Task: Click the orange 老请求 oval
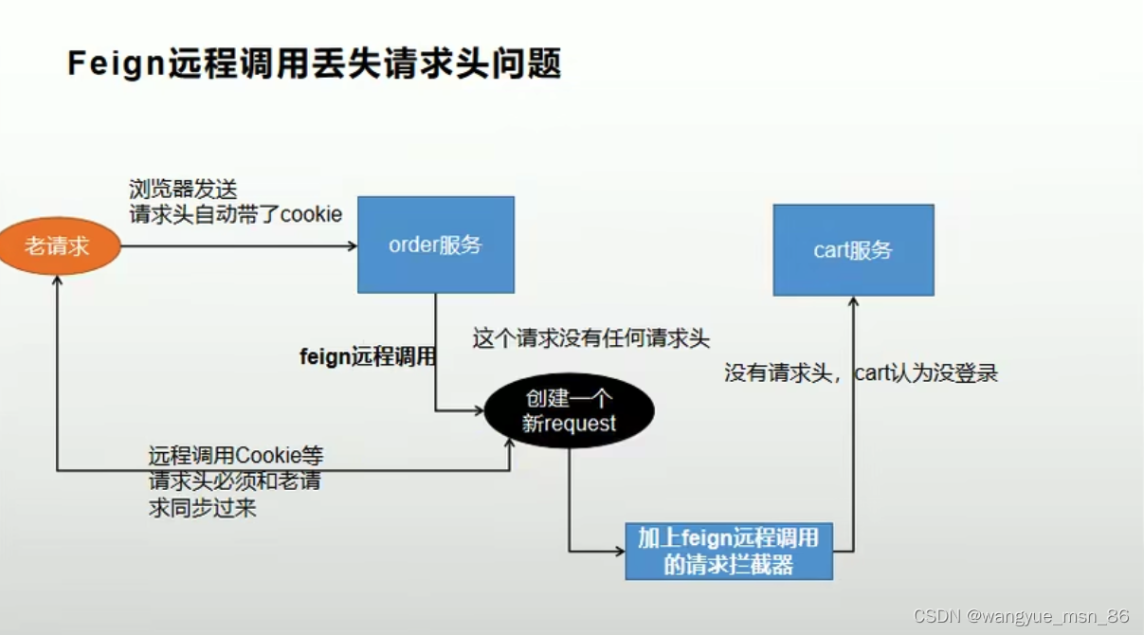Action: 59,246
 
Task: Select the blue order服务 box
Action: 435,245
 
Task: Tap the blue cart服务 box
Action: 853,250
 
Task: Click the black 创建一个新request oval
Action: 569,411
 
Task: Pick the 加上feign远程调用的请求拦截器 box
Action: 728,551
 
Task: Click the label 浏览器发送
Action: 176,190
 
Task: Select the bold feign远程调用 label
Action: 368,357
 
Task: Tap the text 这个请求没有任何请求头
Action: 590,338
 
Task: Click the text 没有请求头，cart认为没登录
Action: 861,372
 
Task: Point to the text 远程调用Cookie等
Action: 235,456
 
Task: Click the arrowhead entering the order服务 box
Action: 352,246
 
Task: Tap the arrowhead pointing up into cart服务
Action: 853,301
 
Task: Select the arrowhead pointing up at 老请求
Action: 59,281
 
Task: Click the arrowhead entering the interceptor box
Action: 619,550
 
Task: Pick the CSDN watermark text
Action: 937,616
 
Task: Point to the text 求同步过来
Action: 202,508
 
